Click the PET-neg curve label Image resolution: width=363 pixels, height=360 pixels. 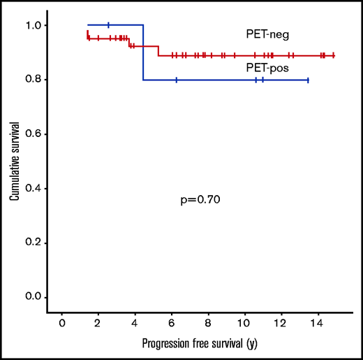(x=262, y=33)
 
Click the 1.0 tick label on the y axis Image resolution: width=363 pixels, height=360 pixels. (x=39, y=25)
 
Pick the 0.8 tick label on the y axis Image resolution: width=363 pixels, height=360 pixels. (x=39, y=80)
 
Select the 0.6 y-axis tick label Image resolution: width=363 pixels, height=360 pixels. (x=39, y=134)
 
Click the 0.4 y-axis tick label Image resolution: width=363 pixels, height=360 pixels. (x=39, y=189)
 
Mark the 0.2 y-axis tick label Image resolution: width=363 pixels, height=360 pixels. (x=39, y=243)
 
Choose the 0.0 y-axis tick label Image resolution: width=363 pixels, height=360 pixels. (x=39, y=298)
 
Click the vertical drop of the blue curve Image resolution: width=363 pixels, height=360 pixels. (x=143, y=52)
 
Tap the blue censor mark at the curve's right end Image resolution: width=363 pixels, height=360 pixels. (x=307, y=80)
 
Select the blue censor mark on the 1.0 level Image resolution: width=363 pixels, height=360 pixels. (x=108, y=25)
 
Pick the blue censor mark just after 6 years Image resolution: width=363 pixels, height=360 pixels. (x=177, y=80)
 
